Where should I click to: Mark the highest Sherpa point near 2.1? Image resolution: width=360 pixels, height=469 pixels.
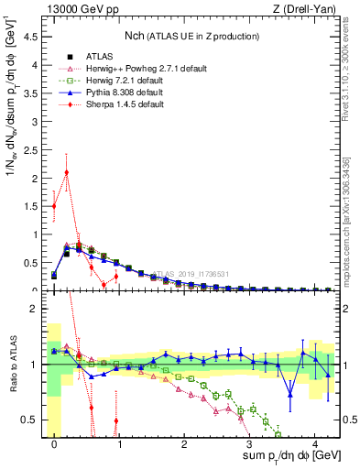[67, 172]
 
